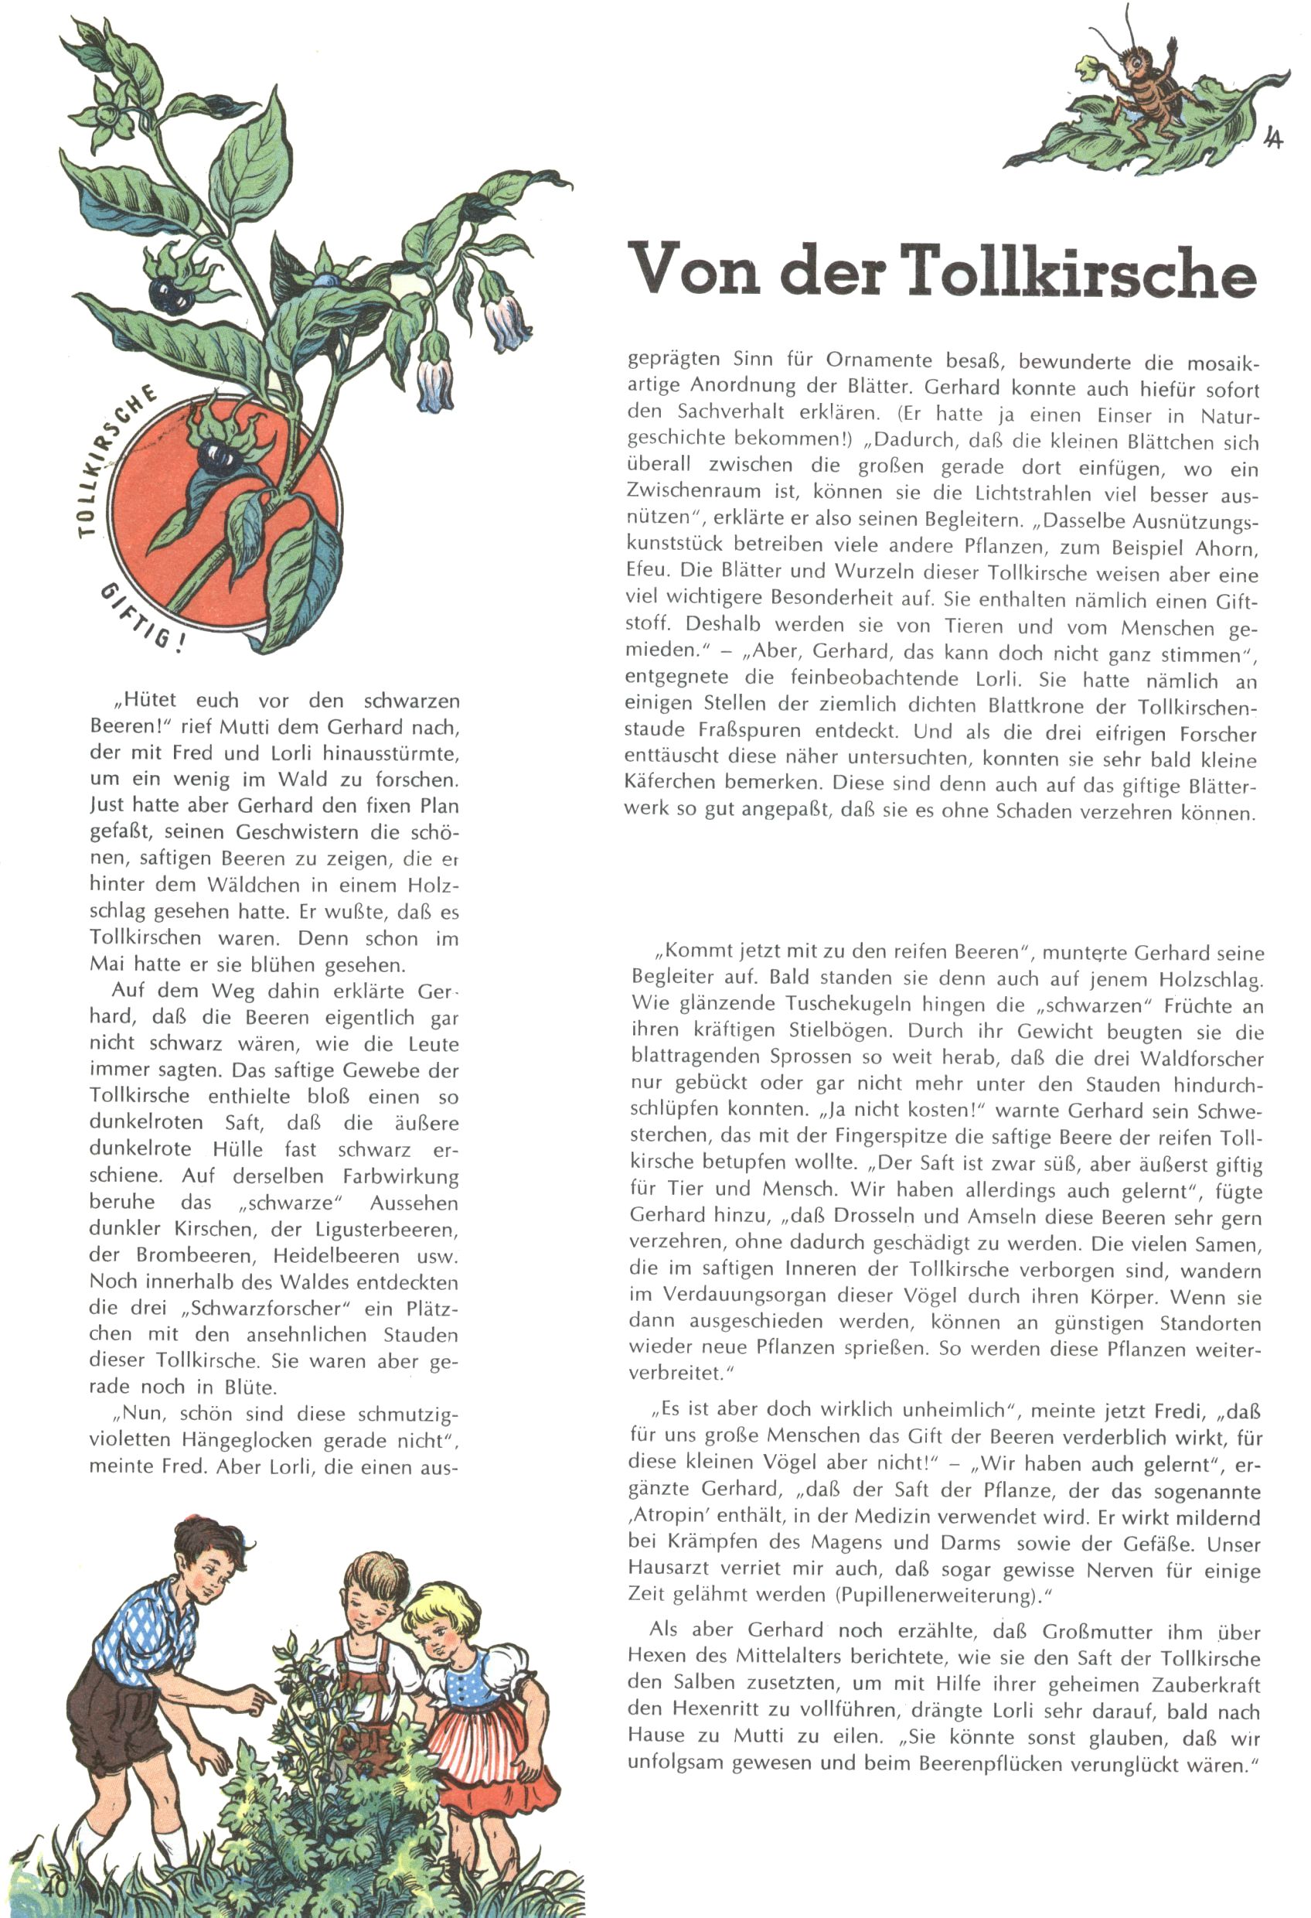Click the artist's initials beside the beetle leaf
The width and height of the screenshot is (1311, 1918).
pyautogui.click(x=1273, y=138)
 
